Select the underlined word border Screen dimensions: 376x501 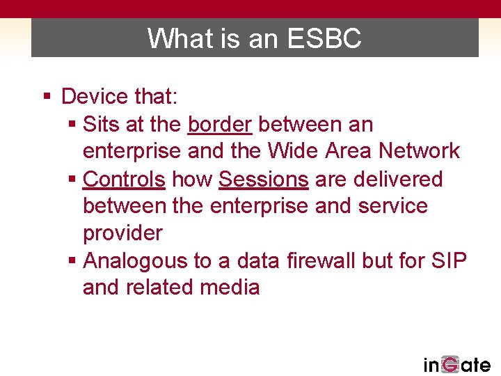point(220,124)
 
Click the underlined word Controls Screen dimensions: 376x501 point(124,179)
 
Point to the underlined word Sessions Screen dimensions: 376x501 point(263,179)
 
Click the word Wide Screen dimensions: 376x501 point(310,150)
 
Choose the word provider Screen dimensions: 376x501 point(122,233)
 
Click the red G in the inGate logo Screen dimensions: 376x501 point(450,364)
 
